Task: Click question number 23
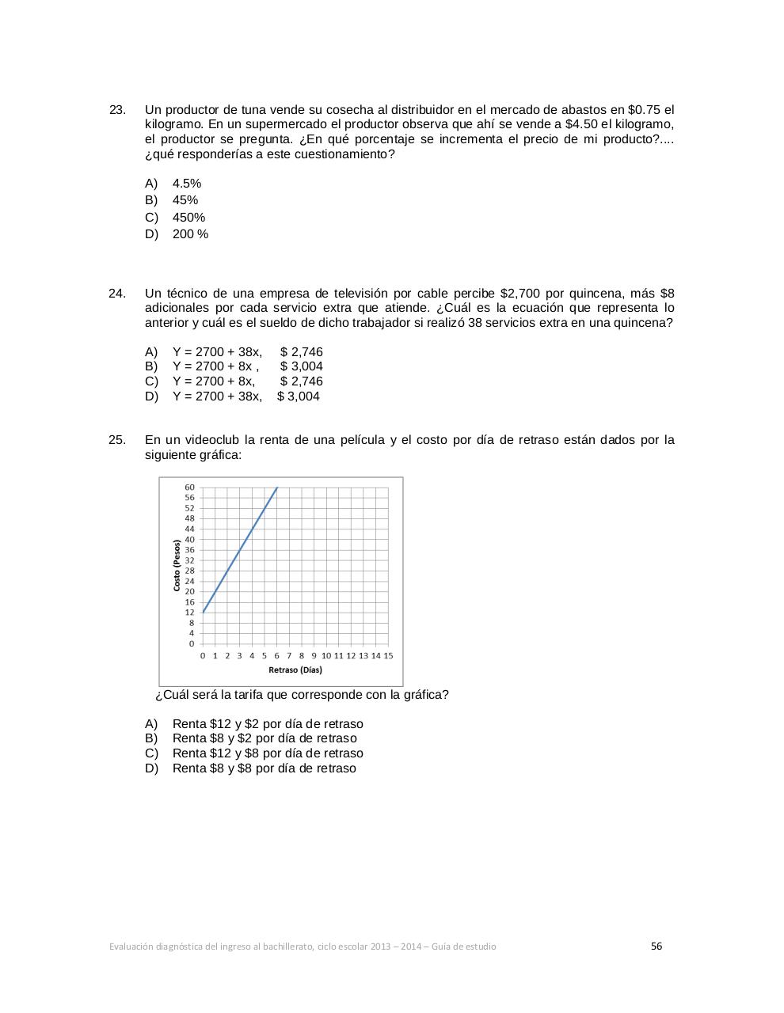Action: (x=117, y=110)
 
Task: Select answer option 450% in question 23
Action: (x=188, y=218)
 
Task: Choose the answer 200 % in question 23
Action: (x=190, y=234)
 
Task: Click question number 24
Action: (x=117, y=294)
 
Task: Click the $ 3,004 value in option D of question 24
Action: (x=299, y=396)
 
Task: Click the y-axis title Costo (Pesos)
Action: (x=177, y=565)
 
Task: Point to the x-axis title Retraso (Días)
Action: (x=295, y=670)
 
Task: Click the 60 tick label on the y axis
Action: (x=190, y=487)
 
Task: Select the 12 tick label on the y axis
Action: (x=190, y=613)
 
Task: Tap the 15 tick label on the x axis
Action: (x=388, y=655)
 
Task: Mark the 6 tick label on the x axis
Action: (x=277, y=655)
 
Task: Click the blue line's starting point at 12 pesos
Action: (x=203, y=613)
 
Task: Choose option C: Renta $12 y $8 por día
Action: (x=267, y=753)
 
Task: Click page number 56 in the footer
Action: (x=657, y=946)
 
